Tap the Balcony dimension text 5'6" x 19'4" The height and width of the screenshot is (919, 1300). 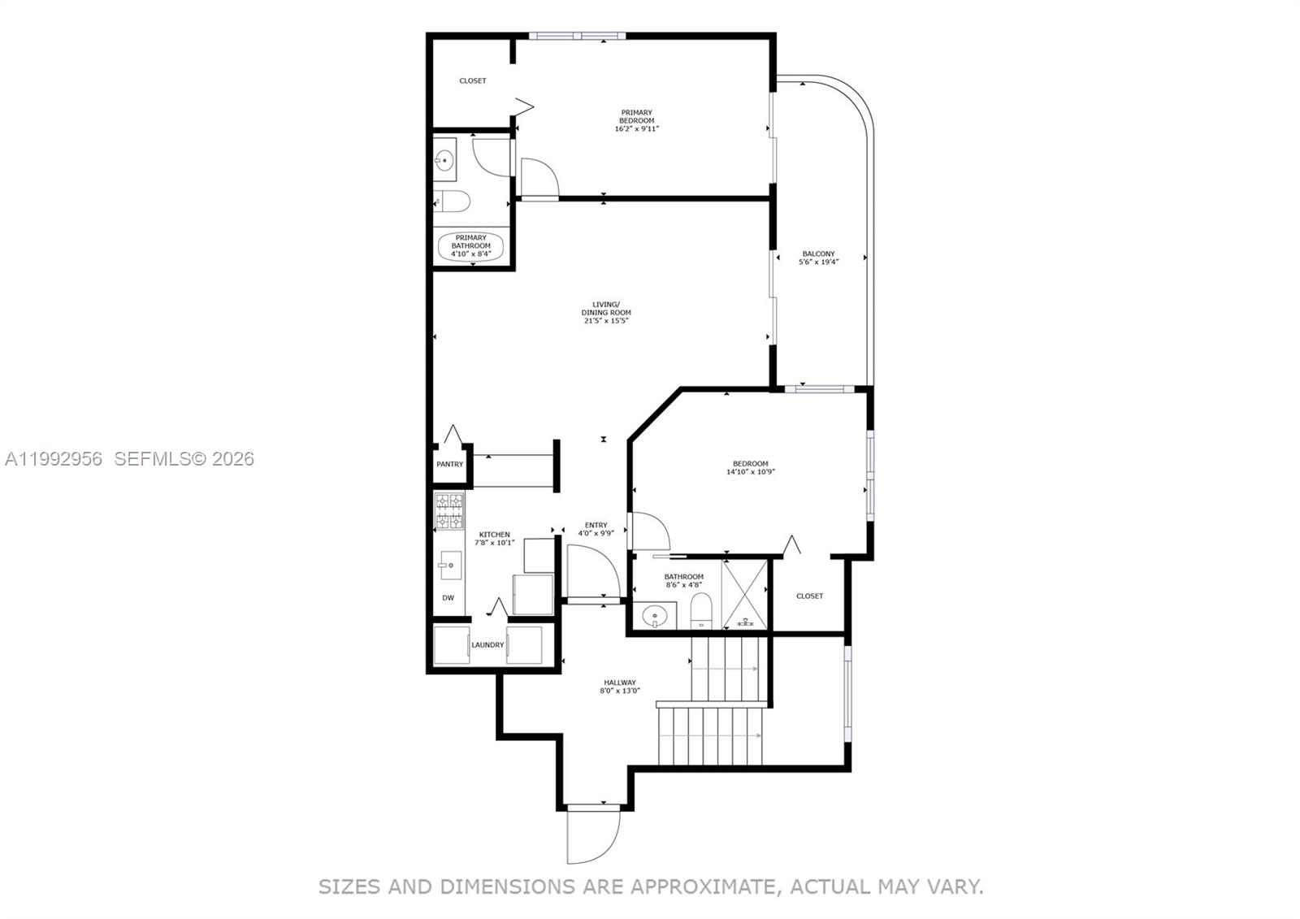click(818, 262)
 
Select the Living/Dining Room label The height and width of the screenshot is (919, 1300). click(605, 312)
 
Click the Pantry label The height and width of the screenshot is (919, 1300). click(449, 465)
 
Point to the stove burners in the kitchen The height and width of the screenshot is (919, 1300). click(449, 510)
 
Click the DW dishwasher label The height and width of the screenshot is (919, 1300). click(448, 598)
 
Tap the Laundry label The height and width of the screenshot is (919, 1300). click(487, 645)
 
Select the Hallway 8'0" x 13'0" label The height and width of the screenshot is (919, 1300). click(619, 687)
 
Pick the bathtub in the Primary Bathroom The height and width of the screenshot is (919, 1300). click(471, 246)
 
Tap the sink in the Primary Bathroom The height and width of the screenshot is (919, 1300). click(444, 160)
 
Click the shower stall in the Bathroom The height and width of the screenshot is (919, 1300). click(745, 593)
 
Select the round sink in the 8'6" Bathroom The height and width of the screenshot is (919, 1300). click(655, 616)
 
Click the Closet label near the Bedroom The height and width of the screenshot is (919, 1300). click(809, 596)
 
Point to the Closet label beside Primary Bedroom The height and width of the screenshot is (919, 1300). click(472, 80)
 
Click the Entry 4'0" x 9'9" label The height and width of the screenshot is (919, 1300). click(596, 529)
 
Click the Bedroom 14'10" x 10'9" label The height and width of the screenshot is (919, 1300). click(750, 467)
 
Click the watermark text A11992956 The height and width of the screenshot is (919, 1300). click(54, 459)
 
